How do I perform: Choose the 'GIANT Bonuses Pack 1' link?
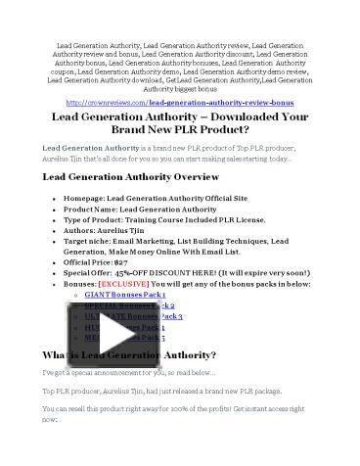pos(124,293)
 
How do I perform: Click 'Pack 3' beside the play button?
pos(172,316)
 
